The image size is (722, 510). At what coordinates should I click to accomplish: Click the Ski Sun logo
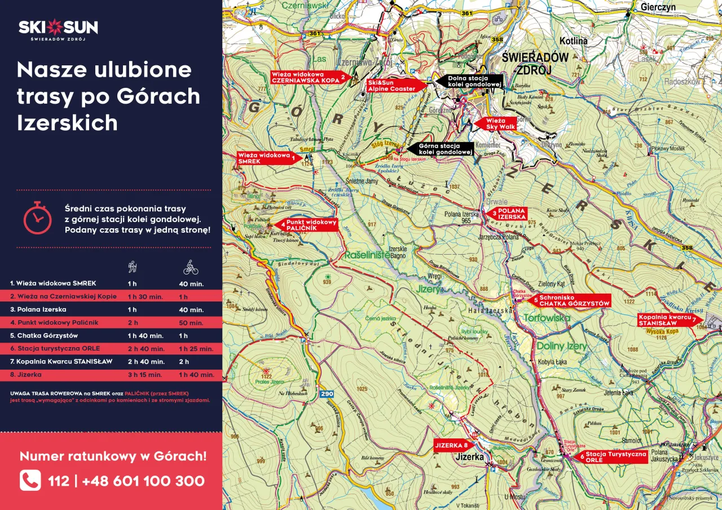58,29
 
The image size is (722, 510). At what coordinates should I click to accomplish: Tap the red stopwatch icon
37,217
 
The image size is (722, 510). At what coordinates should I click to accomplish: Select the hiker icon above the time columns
133,267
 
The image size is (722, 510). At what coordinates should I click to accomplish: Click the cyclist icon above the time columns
191,267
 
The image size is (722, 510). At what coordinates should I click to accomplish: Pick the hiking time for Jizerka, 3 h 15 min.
145,374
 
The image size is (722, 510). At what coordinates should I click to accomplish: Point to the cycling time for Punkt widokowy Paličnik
191,323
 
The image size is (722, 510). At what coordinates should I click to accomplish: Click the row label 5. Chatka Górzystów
44,335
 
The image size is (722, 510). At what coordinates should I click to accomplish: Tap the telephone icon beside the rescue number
30,481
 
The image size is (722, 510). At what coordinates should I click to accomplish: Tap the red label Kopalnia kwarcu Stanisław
667,320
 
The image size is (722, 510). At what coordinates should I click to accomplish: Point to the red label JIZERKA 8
451,445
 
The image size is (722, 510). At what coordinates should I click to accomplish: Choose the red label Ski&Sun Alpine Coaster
393,86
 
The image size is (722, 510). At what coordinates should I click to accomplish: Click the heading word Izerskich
67,123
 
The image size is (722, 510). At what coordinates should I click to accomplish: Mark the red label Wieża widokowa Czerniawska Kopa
307,77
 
